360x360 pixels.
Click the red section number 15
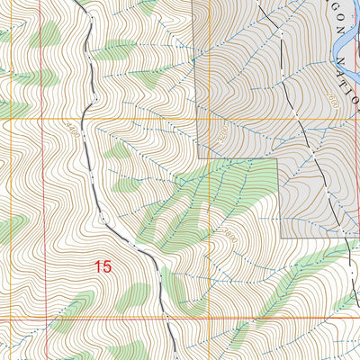[x=103, y=266]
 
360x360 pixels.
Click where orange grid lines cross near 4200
[x=209, y=119]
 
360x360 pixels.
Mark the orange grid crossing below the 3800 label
[x=209, y=318]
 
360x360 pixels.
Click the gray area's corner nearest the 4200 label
[x=210, y=159]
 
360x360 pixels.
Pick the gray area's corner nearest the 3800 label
[x=279, y=238]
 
